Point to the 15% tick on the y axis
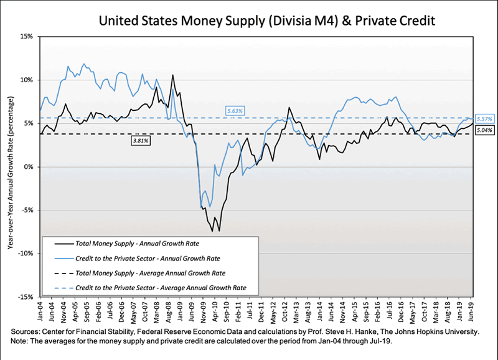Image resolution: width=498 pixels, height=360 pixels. (25, 37)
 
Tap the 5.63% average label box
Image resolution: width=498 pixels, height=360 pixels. (234, 110)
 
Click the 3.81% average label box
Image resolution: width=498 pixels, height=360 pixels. (141, 141)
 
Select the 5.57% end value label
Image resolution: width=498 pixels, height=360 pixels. (484, 119)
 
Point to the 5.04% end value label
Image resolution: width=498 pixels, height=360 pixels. (484, 130)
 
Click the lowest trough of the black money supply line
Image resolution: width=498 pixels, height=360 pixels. (219, 231)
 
